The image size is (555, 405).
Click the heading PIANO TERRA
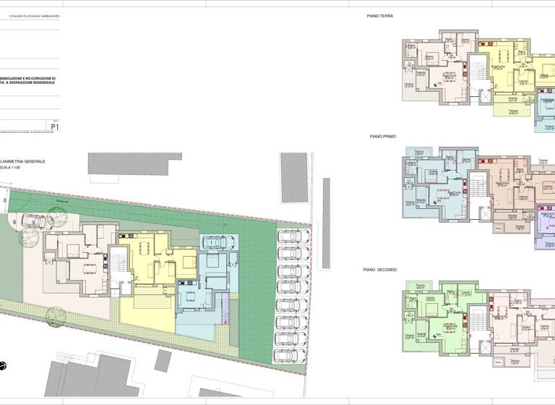(x=379, y=15)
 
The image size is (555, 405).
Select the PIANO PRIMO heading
(x=382, y=136)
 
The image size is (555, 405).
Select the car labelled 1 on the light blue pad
(x=214, y=242)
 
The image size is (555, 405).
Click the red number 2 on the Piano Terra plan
(x=496, y=88)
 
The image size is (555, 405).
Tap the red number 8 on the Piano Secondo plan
(x=470, y=336)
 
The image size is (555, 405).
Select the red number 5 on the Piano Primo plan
(x=470, y=203)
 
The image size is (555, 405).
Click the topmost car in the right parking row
(x=290, y=236)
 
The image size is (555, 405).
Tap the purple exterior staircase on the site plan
(x=224, y=304)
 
